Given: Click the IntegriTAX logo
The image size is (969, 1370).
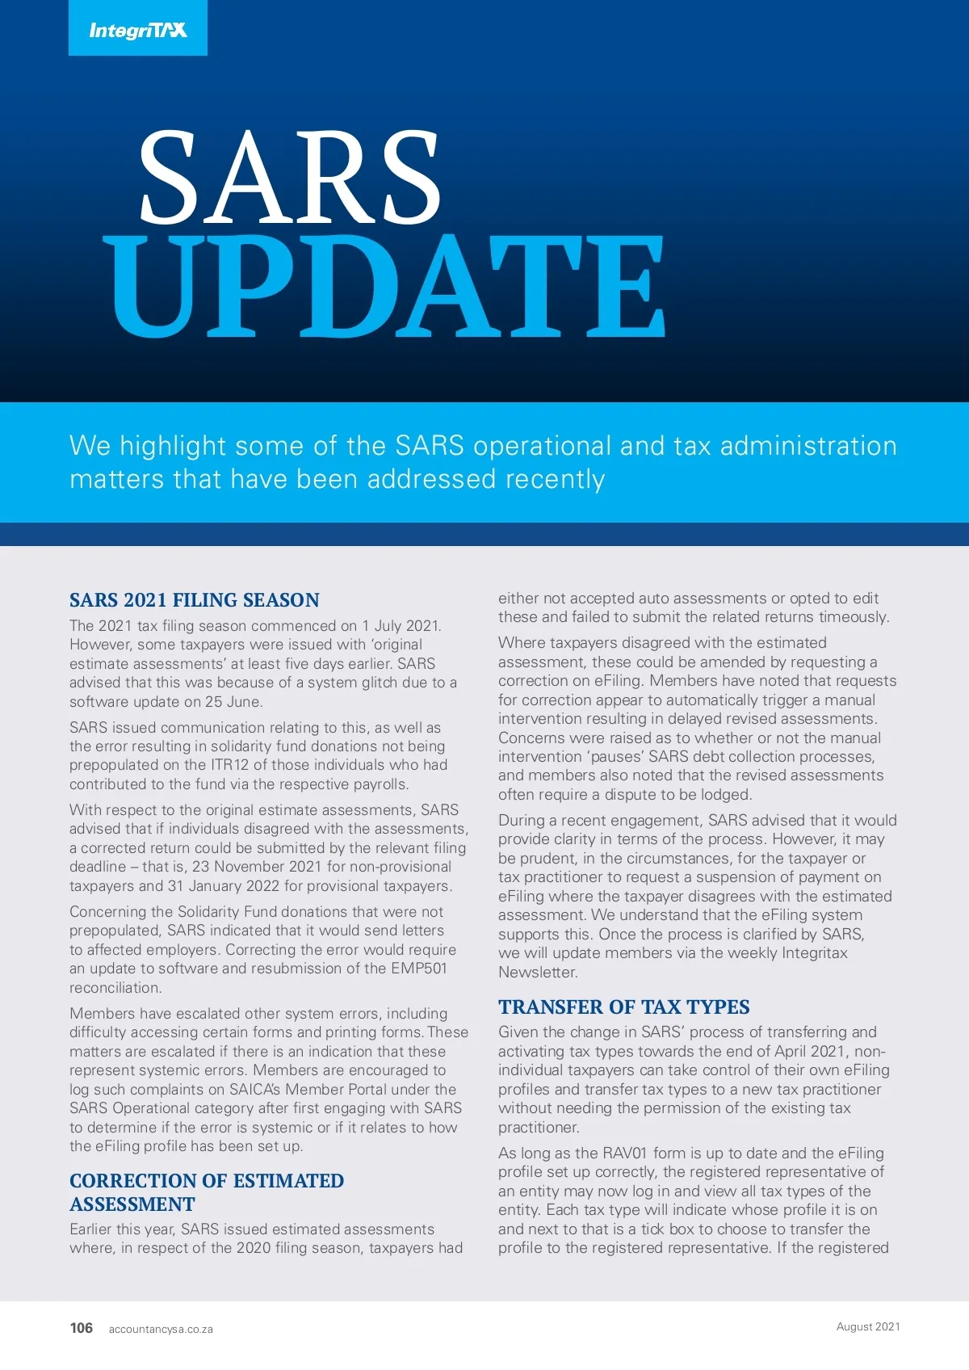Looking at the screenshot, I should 138,30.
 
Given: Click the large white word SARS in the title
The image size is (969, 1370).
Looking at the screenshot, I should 289,179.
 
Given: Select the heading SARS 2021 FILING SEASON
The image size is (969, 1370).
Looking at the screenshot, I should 195,600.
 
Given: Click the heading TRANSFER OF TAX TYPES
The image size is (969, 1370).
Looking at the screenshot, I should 623,1007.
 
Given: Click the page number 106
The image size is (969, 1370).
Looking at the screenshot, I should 82,1328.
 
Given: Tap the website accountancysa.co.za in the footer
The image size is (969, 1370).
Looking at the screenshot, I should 161,1329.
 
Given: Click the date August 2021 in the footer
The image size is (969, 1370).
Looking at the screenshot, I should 868,1326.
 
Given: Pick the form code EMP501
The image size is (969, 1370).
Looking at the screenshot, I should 419,969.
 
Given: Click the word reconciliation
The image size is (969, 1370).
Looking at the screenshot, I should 115,988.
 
